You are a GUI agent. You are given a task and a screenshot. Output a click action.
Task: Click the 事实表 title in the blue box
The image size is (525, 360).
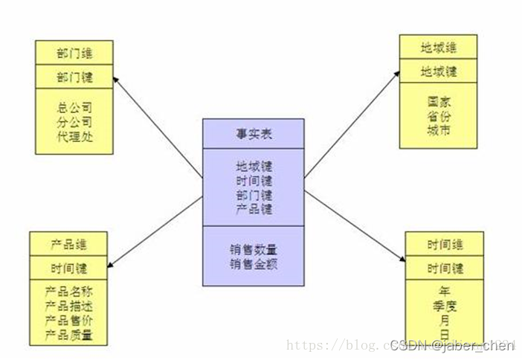point(253,134)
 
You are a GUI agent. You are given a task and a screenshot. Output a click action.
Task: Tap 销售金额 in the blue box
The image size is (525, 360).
point(253,263)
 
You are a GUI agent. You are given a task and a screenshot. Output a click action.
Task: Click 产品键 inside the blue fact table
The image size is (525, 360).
point(253,210)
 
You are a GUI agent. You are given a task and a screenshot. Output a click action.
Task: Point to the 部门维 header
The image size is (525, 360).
point(74,54)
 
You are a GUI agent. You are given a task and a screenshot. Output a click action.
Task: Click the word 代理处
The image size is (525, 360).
point(74,138)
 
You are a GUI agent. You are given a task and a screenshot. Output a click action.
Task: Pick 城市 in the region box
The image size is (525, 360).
point(439,130)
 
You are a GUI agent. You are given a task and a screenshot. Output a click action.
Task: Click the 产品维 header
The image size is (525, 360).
point(69,244)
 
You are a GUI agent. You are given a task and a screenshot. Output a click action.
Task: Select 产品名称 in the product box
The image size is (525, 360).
point(69,290)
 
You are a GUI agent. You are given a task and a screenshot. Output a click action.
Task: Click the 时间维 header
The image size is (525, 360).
point(445,244)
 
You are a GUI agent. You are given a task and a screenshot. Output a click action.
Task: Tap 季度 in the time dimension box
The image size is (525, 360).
point(445,306)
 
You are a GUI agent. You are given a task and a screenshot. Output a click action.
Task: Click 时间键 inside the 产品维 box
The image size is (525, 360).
point(69,267)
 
